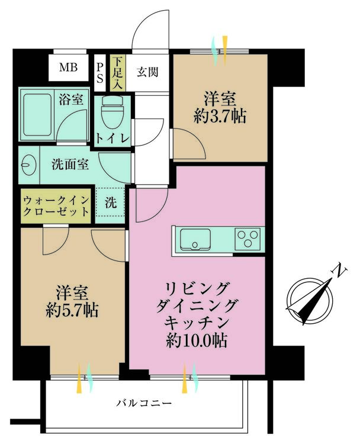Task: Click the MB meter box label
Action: point(68,67)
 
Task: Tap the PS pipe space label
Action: point(99,72)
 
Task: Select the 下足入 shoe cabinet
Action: point(117,73)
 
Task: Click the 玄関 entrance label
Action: point(147,72)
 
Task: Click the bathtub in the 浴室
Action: point(37,115)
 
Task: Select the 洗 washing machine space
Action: point(111,202)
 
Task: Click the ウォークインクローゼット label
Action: point(56,205)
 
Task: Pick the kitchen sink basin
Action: point(195,240)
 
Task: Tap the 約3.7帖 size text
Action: point(220,116)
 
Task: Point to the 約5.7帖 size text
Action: point(72,310)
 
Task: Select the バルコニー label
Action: point(144,403)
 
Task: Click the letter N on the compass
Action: point(339,271)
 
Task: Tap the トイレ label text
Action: point(112,139)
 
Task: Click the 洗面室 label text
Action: point(70,164)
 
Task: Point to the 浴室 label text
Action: point(71,99)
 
